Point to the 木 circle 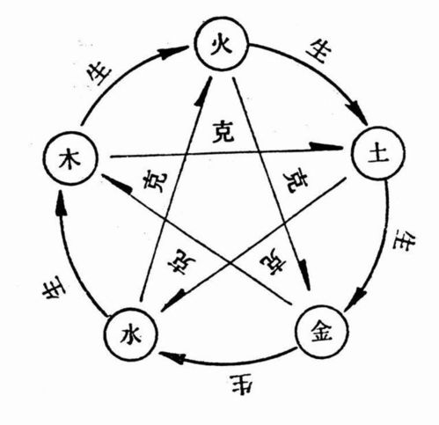(x=67, y=159)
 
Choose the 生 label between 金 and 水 (x=241, y=384)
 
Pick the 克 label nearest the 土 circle (x=296, y=179)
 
